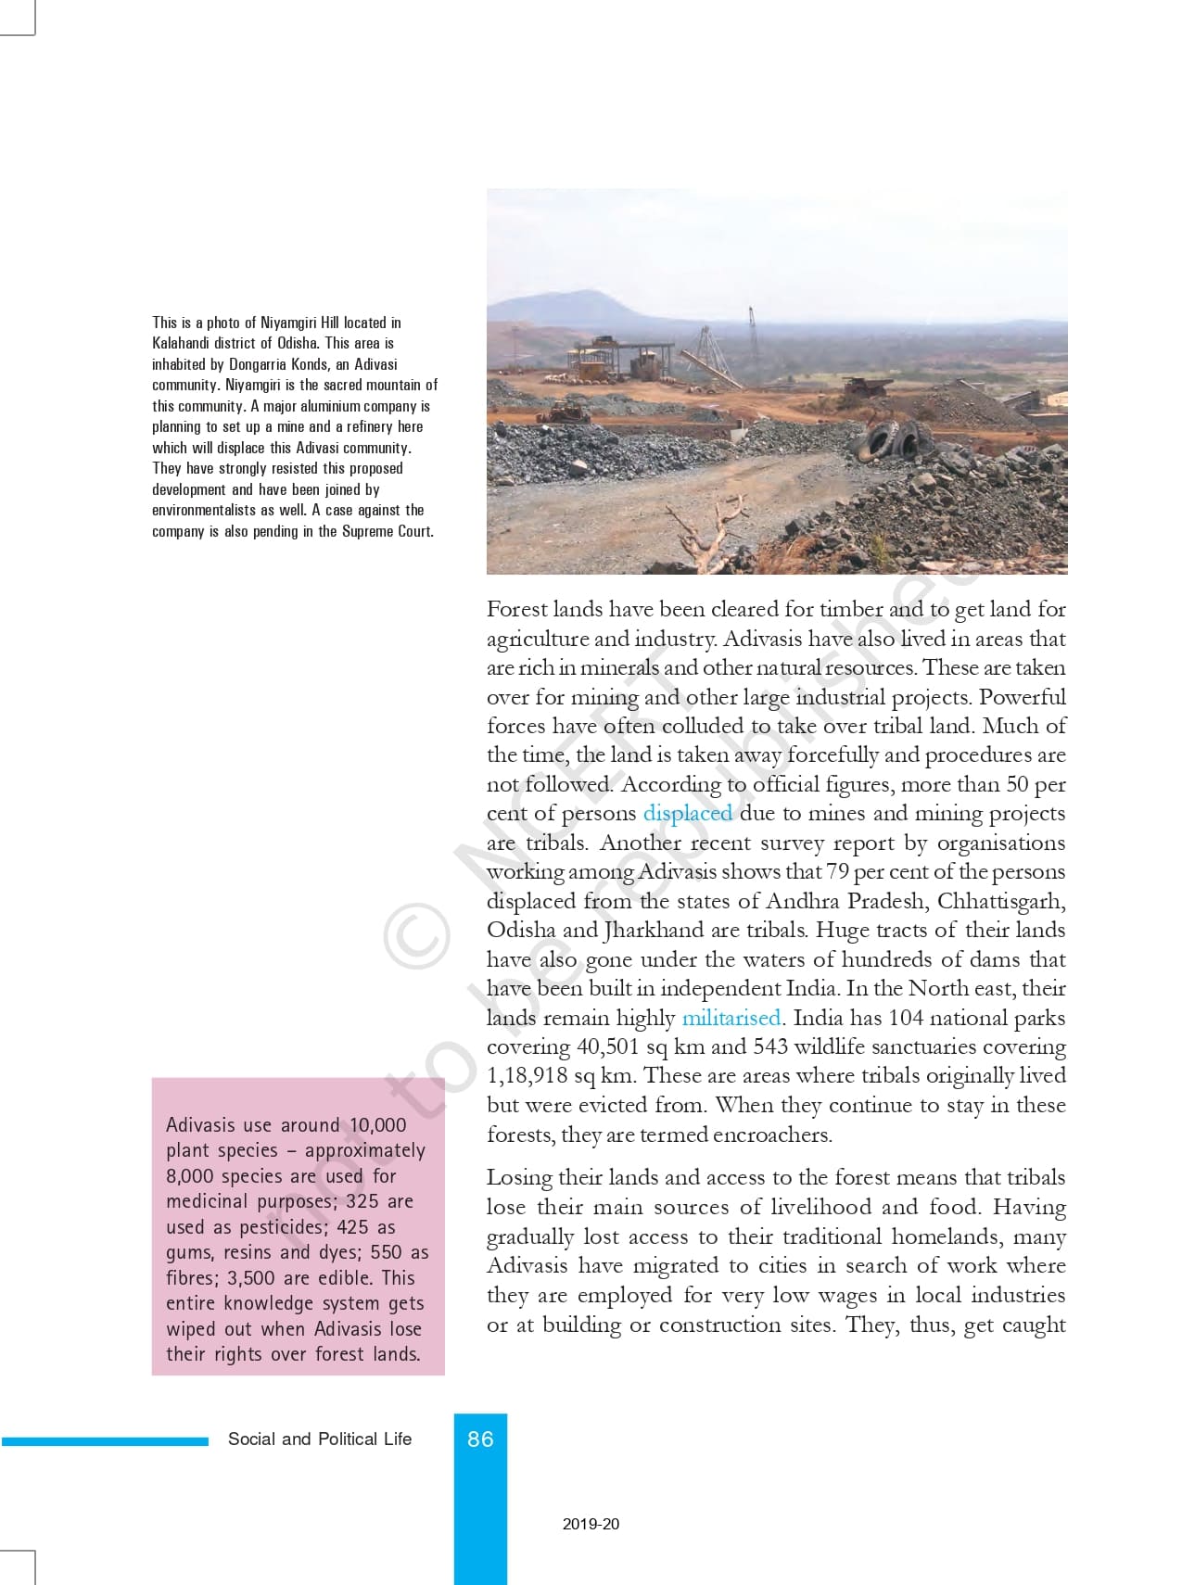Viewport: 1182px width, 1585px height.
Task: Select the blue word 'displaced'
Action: (x=687, y=813)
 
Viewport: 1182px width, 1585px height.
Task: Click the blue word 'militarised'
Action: (x=731, y=1018)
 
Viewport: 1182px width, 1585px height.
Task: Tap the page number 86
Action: (x=480, y=1439)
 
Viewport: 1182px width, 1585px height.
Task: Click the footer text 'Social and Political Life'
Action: (x=320, y=1439)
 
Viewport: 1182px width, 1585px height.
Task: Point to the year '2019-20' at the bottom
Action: (x=591, y=1523)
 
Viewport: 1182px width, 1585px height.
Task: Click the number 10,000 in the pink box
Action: (x=377, y=1125)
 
